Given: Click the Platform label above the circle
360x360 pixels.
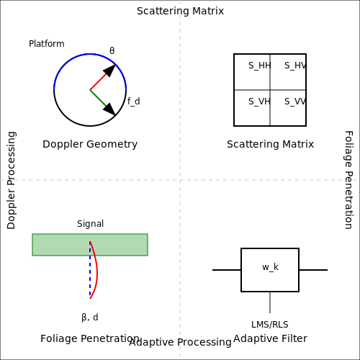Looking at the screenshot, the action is [47, 44].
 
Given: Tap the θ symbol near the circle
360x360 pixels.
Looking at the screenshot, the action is [112, 50].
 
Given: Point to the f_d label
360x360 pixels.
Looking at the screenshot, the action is [134, 102].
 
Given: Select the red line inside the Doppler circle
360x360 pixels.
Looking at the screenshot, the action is [98, 81].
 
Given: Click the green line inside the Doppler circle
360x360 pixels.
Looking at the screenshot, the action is [98, 98].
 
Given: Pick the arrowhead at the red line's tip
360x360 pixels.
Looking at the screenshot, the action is [110, 70].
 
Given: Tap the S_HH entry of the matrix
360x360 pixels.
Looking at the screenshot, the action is [260, 66].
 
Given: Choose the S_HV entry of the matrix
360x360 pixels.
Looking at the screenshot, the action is [295, 66].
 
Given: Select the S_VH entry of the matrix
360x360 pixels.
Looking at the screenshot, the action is [259, 102].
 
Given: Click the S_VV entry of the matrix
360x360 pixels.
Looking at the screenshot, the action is [295, 102].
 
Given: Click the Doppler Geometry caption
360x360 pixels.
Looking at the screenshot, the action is [90, 144].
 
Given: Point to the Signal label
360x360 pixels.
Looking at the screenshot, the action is [90, 224].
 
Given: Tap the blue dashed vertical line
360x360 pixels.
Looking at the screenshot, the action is [90, 270].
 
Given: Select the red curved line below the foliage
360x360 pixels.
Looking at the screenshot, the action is [96, 270].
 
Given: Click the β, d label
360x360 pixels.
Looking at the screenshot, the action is [90, 318].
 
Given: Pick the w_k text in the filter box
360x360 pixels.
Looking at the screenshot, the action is [270, 267].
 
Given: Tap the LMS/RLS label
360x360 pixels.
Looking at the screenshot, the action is [270, 325].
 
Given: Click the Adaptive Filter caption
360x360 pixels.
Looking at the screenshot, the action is [270, 338].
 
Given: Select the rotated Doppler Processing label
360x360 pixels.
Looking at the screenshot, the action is [12, 180].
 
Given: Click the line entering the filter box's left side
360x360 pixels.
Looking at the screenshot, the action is [227, 270].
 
